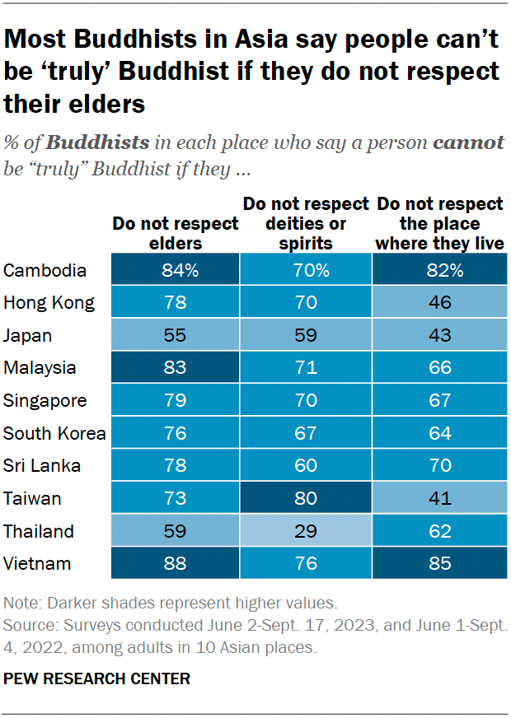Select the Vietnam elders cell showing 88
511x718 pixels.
coord(174,563)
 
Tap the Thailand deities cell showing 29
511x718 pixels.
coord(306,531)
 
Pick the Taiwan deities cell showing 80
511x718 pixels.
coord(306,498)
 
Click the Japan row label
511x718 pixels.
coord(28,335)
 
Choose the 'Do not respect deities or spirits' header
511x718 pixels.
coord(305,222)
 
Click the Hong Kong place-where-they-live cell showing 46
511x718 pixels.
coord(439,302)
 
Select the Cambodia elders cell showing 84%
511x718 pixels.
coord(174,270)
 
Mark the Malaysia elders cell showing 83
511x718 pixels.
coord(174,368)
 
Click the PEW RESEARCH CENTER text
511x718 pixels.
coord(97,679)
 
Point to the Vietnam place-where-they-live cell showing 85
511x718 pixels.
coord(439,563)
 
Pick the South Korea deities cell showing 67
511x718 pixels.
coord(306,433)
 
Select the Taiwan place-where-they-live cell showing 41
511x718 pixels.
coord(439,498)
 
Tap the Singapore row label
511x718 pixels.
coord(45,400)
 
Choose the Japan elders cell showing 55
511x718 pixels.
coord(174,335)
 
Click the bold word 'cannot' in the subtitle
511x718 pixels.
coord(468,142)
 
